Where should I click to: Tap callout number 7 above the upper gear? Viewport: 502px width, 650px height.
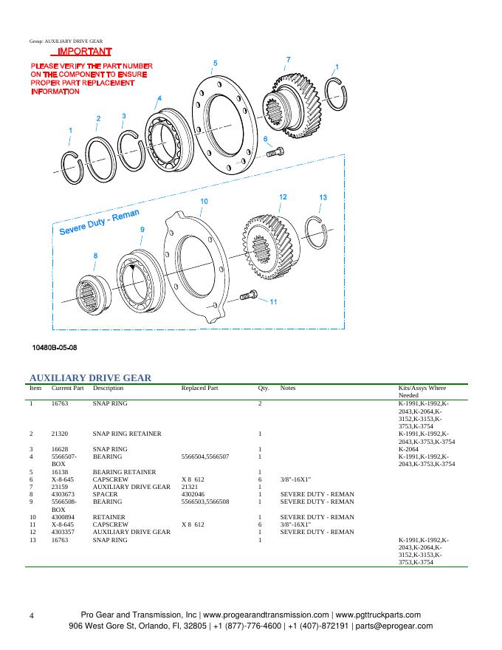[x=288, y=59]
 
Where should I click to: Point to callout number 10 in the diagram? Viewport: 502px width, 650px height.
[x=204, y=202]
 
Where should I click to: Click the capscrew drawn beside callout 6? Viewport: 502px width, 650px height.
[x=275, y=152]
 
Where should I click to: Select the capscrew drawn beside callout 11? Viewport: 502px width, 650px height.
[x=250, y=297]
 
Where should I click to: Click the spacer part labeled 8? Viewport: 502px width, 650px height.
[x=96, y=292]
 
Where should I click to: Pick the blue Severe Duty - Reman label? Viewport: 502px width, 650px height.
[x=99, y=222]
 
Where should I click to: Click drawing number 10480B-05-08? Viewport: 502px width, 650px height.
[x=55, y=346]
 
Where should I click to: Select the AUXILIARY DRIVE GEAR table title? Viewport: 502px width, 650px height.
[x=90, y=377]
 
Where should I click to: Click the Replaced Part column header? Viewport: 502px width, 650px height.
[x=199, y=388]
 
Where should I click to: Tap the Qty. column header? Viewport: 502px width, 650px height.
[x=264, y=388]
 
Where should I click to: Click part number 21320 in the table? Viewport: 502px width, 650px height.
[x=60, y=434]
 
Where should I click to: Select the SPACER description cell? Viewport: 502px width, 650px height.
[x=103, y=494]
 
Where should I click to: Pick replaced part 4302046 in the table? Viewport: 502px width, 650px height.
[x=194, y=494]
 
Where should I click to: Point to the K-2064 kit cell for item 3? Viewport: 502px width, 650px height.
[x=409, y=449]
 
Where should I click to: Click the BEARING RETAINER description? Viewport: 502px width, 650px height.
[x=124, y=472]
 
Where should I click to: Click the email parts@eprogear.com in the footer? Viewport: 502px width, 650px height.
[x=393, y=626]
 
